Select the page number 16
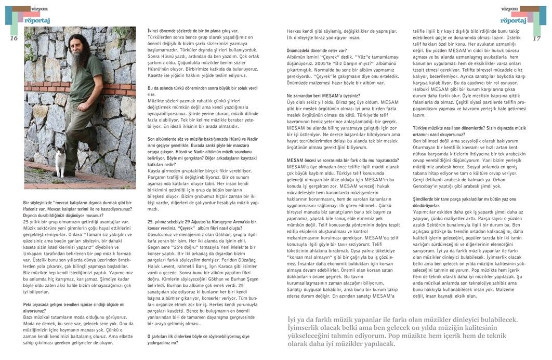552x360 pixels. [14, 38]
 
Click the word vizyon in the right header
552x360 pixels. [509, 9]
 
